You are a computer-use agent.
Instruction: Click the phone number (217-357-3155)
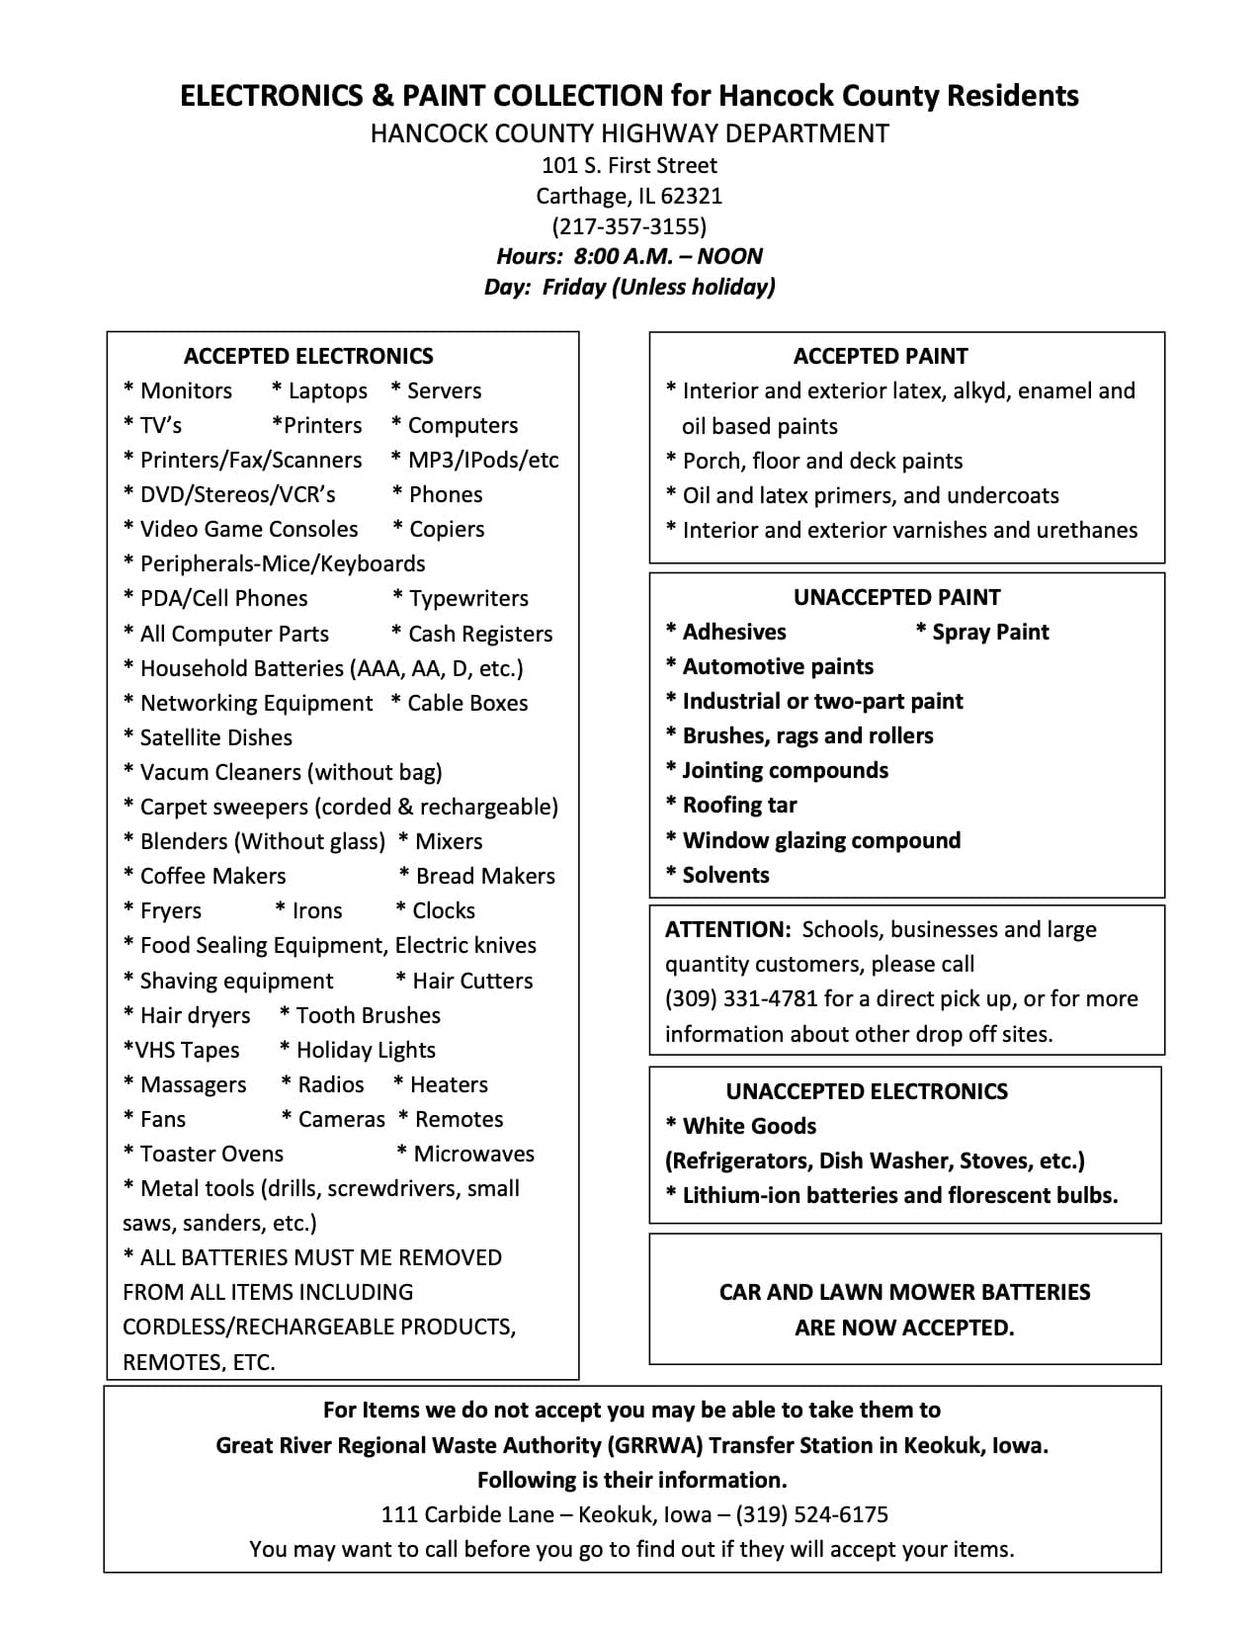(629, 226)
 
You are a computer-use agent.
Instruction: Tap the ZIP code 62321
(691, 196)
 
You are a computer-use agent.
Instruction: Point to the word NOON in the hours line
(729, 257)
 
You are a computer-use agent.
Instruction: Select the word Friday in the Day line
(573, 288)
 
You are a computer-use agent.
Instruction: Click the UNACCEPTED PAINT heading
(896, 597)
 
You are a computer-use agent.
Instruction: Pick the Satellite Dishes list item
(215, 737)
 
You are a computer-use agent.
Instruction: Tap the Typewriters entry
(468, 598)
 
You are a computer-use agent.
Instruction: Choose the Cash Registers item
(479, 634)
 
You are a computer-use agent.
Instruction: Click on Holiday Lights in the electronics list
(365, 1050)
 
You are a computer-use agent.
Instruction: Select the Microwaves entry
(473, 1154)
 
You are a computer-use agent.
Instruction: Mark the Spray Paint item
(989, 632)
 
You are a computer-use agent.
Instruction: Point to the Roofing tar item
(738, 805)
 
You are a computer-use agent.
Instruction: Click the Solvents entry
(725, 875)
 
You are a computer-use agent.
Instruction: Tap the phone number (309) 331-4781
(741, 998)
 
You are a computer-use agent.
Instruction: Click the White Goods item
(748, 1126)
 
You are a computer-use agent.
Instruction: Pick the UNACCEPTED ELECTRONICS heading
(867, 1091)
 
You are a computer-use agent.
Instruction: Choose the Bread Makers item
(484, 876)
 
